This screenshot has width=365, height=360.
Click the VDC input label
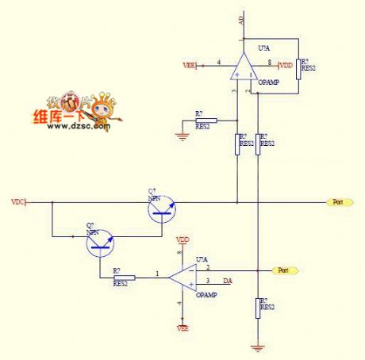click(17, 202)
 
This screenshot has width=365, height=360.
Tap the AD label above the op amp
click(241, 21)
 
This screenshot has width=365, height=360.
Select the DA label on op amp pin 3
click(227, 281)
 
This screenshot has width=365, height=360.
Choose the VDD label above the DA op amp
click(182, 239)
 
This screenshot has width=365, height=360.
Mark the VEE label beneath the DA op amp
click(182, 327)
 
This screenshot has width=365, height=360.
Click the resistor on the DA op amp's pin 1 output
click(124, 278)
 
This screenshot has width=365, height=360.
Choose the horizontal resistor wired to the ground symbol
click(204, 121)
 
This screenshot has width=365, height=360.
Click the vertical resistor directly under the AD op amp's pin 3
click(237, 143)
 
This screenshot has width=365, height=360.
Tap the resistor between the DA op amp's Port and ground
click(258, 308)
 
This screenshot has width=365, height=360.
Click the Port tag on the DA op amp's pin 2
click(285, 270)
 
